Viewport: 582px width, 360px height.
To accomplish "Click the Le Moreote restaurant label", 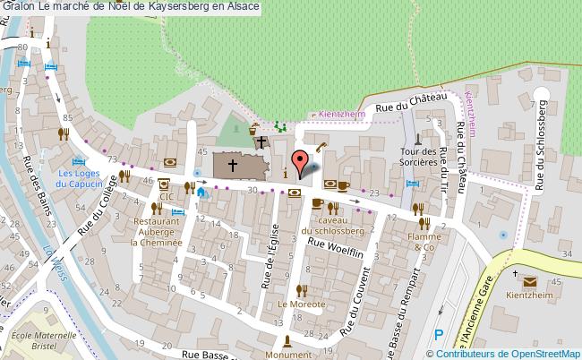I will (302, 304).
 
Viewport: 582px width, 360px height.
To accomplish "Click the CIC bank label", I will (166, 195).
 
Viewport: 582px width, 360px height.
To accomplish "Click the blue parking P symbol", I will (438, 334).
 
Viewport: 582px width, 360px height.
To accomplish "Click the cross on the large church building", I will (232, 165).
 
